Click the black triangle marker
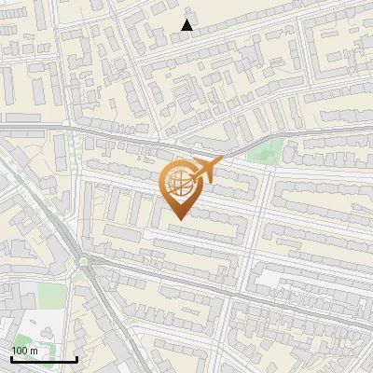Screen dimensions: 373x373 [187, 25]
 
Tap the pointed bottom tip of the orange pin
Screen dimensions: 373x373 [177, 220]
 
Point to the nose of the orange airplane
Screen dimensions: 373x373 [222, 160]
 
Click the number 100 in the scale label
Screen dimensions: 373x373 [20, 351]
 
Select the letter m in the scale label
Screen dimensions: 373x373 [34, 351]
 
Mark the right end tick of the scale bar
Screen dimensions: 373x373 [76, 358]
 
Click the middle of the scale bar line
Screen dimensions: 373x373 [43, 359]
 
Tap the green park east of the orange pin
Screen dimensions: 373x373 [266, 154]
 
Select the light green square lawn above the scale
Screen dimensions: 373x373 [53, 297]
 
